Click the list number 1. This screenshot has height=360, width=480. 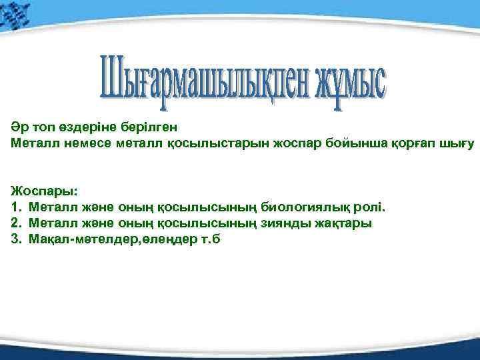coord(15,207)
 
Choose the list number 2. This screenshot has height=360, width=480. coord(15,223)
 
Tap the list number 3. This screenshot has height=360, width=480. coord(15,239)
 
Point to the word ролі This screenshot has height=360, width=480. coord(371,207)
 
